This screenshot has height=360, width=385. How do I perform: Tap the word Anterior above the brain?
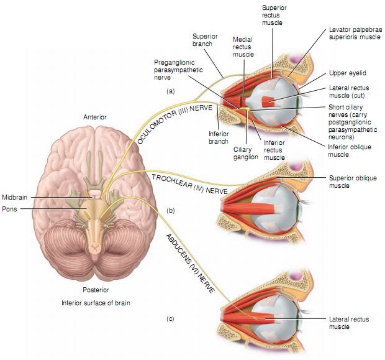coord(96,116)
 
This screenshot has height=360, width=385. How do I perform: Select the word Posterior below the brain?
coord(96,290)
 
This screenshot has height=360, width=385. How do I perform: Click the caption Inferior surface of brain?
coord(96,303)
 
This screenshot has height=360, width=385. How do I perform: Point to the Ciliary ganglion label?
coord(246,153)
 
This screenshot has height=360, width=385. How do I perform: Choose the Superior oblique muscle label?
coord(347,182)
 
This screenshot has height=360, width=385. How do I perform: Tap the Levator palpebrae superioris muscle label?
coord(354,33)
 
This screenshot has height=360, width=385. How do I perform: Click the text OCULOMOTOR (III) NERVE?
coord(175,124)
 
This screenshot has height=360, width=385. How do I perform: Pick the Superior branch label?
coord(204,39)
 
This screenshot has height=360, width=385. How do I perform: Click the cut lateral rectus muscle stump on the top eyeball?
coord(269,102)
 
